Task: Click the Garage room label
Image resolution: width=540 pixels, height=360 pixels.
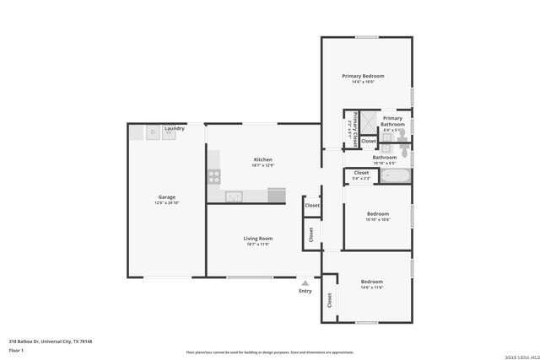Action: [x=166, y=197]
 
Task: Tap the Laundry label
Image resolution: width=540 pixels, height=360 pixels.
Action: [x=175, y=128]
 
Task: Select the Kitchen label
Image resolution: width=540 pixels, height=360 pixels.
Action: [x=263, y=159]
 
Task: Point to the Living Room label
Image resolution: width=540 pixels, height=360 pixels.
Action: [x=259, y=238]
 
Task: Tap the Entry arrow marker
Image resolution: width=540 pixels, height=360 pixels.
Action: [x=305, y=282]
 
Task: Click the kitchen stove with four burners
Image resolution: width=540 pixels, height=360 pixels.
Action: [x=214, y=177]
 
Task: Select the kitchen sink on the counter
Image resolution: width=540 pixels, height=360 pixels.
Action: [x=235, y=196]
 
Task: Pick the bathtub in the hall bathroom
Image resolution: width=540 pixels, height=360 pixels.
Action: [x=394, y=176]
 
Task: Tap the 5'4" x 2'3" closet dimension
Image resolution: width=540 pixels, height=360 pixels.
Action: [x=361, y=179]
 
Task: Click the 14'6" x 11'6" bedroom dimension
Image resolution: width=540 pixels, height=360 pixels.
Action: [x=372, y=287]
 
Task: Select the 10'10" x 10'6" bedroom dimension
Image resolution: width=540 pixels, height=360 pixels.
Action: [x=377, y=219]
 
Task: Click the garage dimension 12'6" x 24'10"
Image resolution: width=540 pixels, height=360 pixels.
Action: [x=166, y=203]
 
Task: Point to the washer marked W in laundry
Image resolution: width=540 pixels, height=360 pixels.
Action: [x=168, y=132]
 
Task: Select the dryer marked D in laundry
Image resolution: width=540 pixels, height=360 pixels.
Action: [x=152, y=132]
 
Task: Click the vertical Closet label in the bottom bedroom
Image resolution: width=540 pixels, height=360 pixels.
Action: [x=329, y=299]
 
